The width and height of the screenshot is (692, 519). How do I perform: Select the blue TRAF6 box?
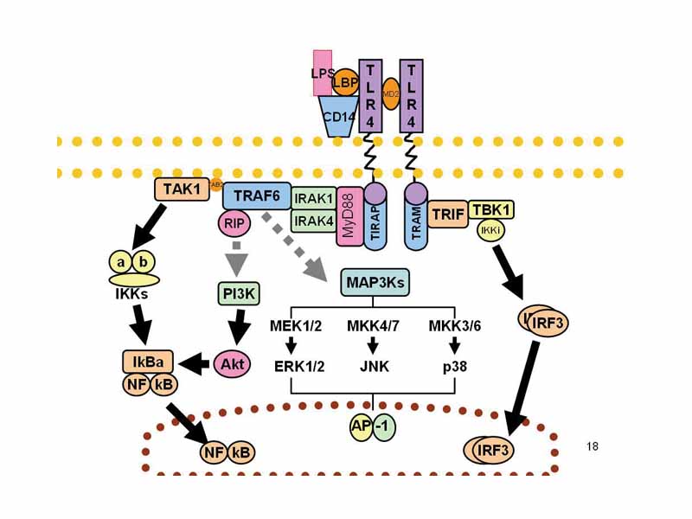pyautogui.click(x=256, y=196)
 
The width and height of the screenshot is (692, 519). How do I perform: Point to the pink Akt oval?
pyautogui.click(x=231, y=363)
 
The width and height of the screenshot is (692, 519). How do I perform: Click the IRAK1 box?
pyautogui.click(x=313, y=198)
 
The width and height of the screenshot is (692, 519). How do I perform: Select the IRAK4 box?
pyautogui.click(x=313, y=221)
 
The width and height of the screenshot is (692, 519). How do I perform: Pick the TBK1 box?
pyautogui.click(x=491, y=209)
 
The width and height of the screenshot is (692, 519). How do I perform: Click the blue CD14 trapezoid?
pyautogui.click(x=338, y=119)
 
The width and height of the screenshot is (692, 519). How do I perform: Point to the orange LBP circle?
pyautogui.click(x=345, y=82)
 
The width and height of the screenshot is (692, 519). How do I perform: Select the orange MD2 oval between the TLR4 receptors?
pyautogui.click(x=389, y=93)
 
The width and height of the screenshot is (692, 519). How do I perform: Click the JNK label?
pyautogui.click(x=374, y=366)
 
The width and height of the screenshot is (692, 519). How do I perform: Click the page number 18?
pyautogui.click(x=592, y=446)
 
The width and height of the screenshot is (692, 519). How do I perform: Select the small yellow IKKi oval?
pyautogui.click(x=490, y=230)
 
